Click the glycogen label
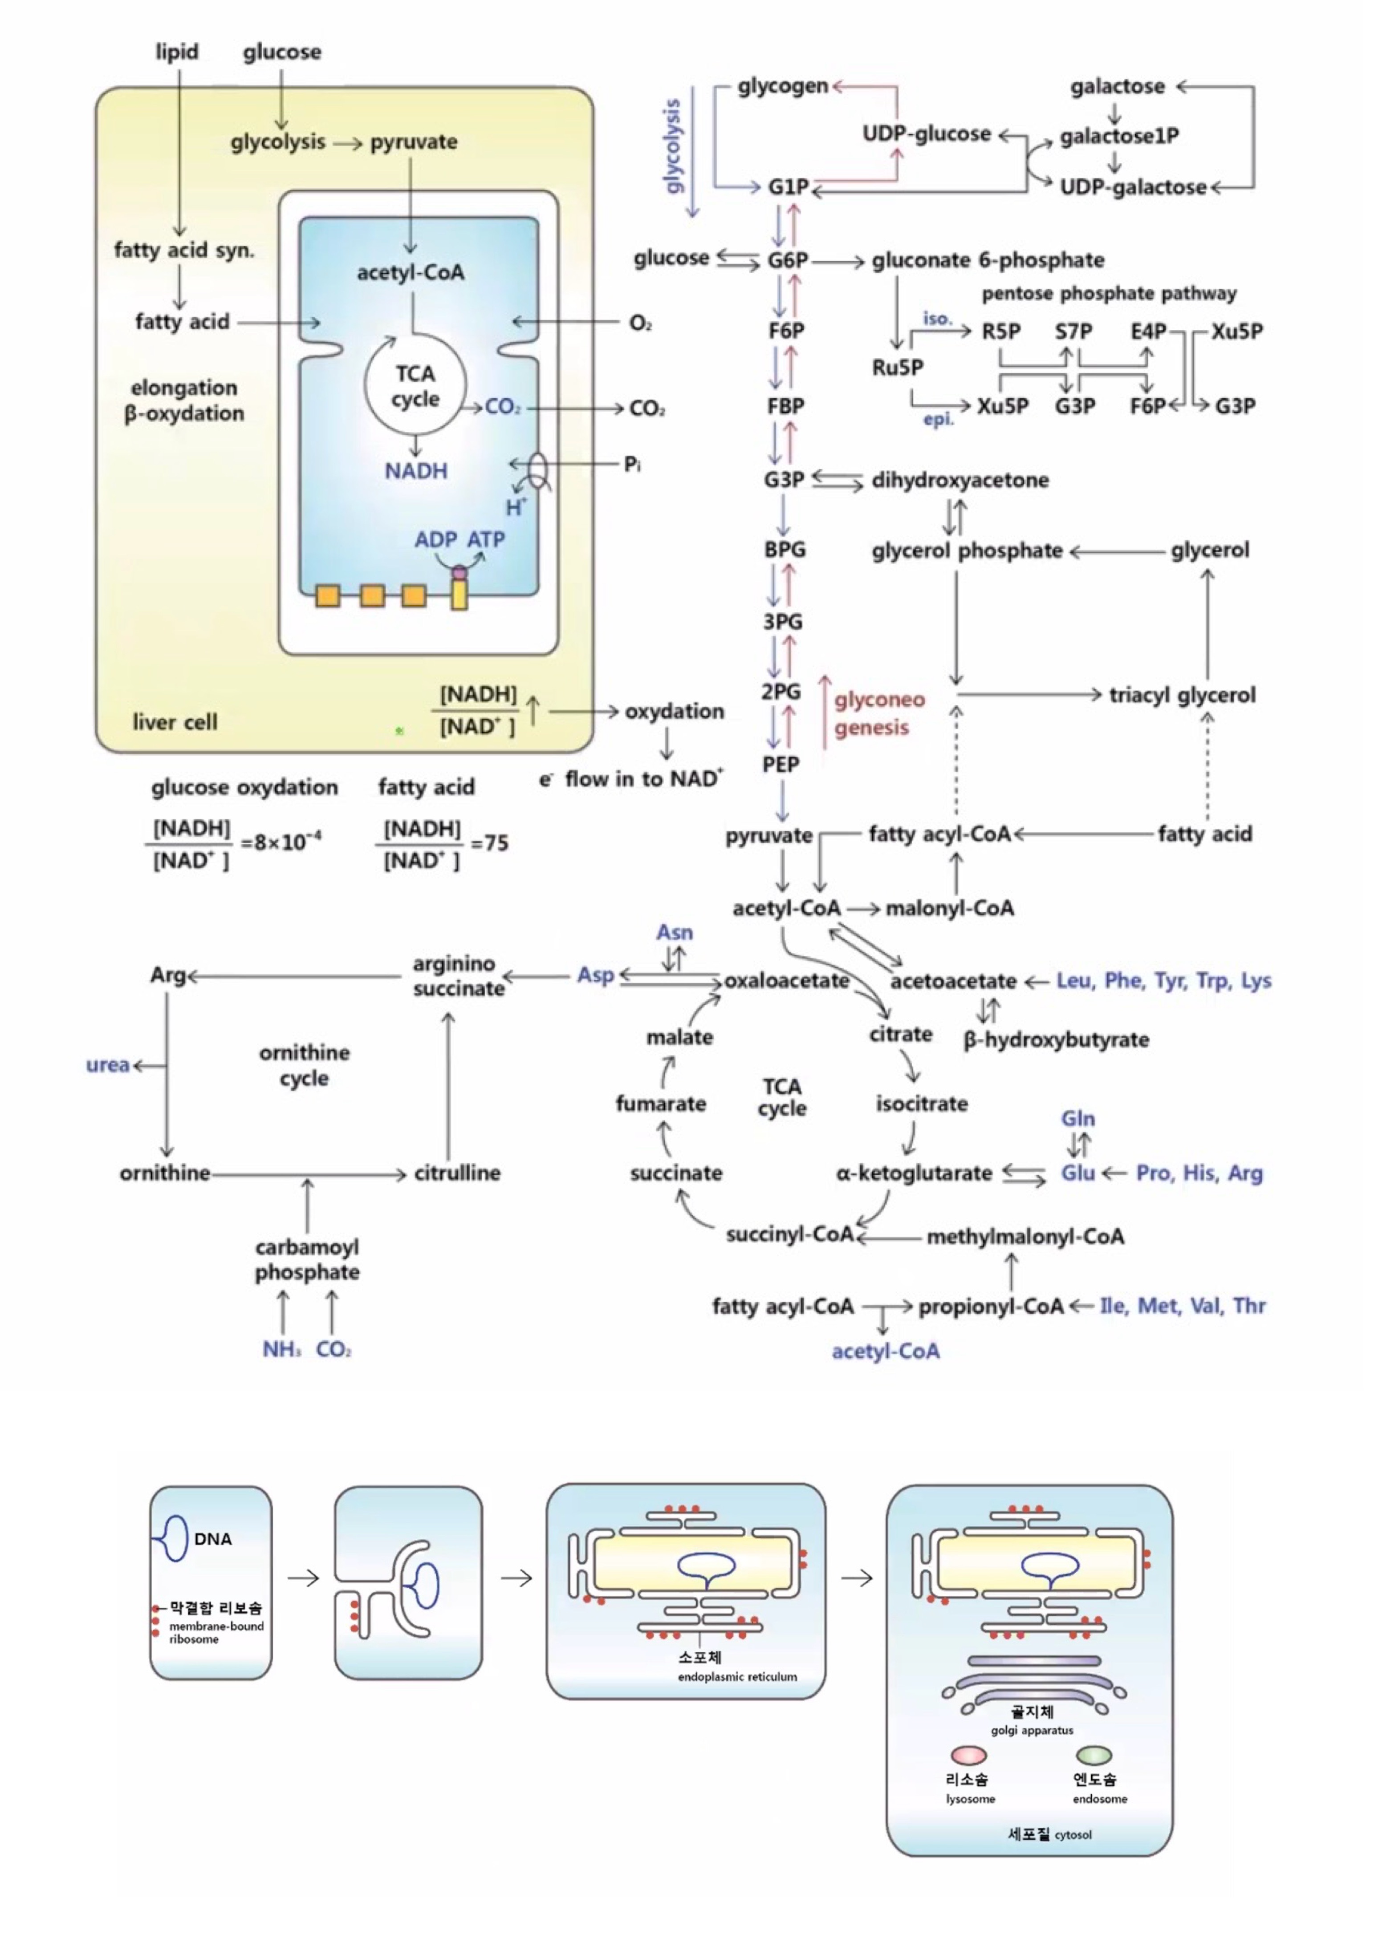[x=783, y=86]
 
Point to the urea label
[x=107, y=1065]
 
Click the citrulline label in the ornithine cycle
[x=457, y=1173]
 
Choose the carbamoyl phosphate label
[x=307, y=1259]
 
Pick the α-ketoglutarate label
[x=914, y=1173]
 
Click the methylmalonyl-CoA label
[x=1025, y=1237]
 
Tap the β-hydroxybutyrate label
[x=1056, y=1040]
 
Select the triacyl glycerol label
[x=1182, y=695]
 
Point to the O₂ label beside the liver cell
[x=640, y=323]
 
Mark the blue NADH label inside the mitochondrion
[x=415, y=471]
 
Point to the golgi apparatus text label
[x=1032, y=1731]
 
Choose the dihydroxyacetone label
[x=960, y=481]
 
